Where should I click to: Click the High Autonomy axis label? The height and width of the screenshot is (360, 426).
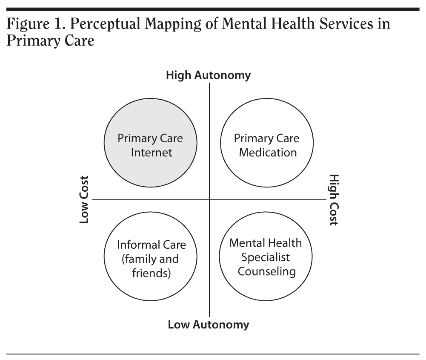click(208, 75)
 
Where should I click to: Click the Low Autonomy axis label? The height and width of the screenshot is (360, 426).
click(208, 325)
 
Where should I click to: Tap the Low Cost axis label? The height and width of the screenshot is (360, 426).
click(84, 199)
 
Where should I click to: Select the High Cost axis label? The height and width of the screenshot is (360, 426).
click(334, 199)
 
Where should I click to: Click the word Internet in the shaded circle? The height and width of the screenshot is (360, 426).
click(151, 153)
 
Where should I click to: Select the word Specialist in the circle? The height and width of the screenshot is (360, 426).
click(266, 257)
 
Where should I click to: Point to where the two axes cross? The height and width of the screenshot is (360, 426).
click(209, 199)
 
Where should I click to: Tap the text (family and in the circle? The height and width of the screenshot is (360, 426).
click(150, 259)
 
